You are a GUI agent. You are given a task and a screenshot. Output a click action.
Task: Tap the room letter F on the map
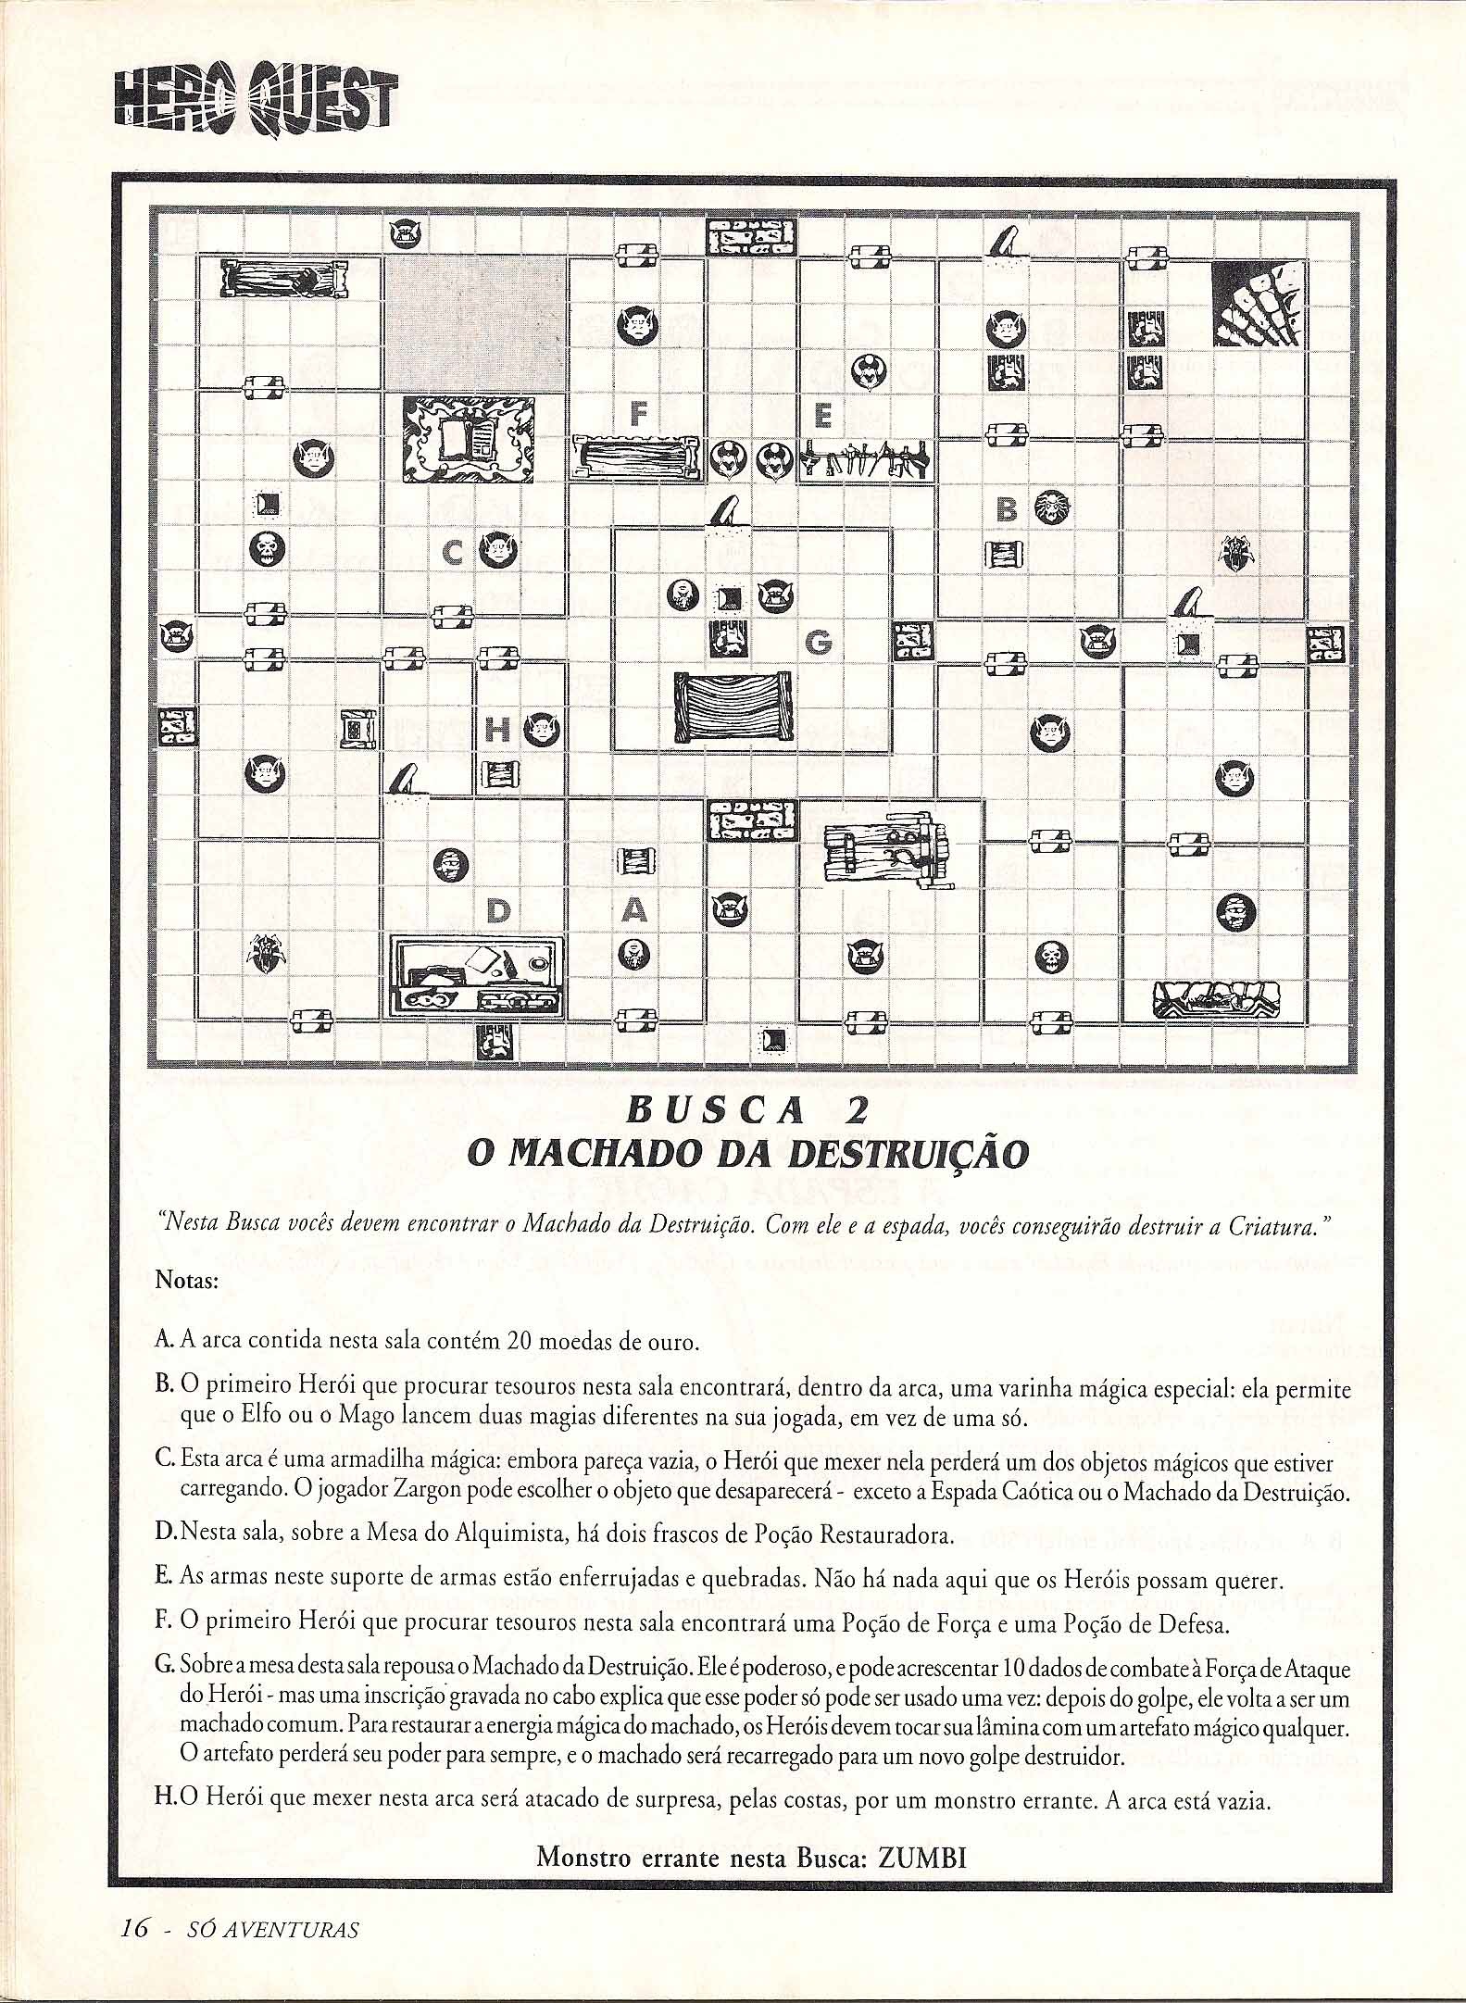click(638, 413)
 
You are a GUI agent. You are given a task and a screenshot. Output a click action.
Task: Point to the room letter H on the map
click(497, 732)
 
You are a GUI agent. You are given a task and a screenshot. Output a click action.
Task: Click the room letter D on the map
click(498, 913)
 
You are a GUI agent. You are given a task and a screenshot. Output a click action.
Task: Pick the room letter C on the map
click(452, 554)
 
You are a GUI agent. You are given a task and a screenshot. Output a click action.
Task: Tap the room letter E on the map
click(822, 416)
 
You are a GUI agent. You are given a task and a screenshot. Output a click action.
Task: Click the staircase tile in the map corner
click(1259, 304)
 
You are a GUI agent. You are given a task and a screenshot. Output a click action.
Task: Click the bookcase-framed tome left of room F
click(471, 439)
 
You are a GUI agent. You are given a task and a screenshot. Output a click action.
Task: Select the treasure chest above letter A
click(636, 860)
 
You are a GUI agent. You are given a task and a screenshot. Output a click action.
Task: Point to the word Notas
click(186, 1282)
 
